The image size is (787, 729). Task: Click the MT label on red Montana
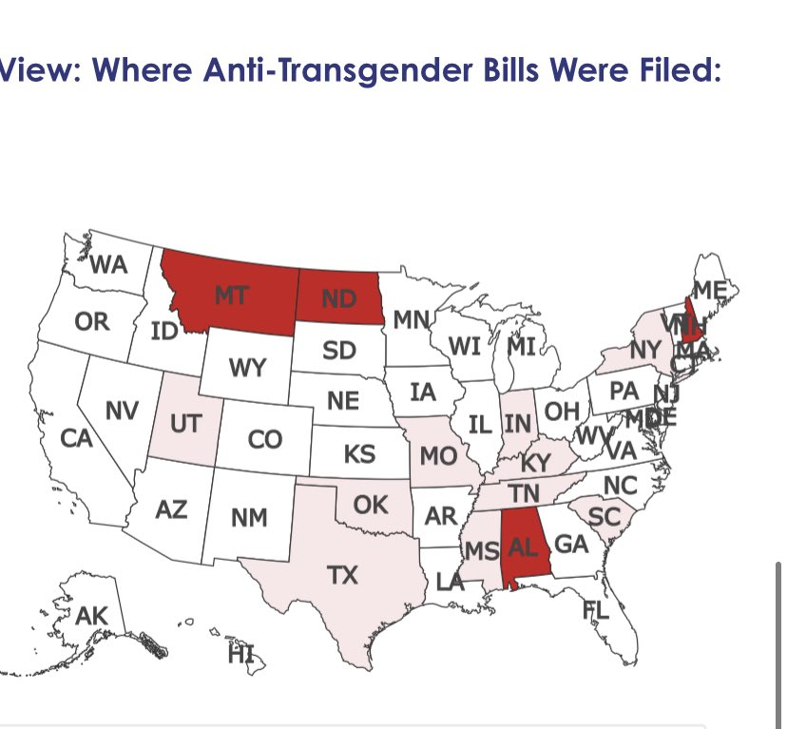click(x=232, y=296)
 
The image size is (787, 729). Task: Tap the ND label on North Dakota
click(x=338, y=298)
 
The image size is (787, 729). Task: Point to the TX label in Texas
click(x=342, y=575)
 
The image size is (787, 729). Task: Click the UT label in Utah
click(x=184, y=421)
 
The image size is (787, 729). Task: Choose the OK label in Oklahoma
click(x=371, y=505)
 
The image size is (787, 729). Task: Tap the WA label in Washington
click(x=108, y=265)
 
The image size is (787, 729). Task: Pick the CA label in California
click(x=75, y=438)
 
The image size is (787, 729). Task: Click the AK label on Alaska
click(x=92, y=616)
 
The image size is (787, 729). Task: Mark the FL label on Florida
click(x=596, y=610)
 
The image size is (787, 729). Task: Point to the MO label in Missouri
click(x=438, y=455)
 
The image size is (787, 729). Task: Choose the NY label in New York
click(x=645, y=350)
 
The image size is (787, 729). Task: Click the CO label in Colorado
click(x=265, y=439)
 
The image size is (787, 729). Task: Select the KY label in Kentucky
click(x=536, y=463)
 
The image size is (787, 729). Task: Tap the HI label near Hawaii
click(x=241, y=654)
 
